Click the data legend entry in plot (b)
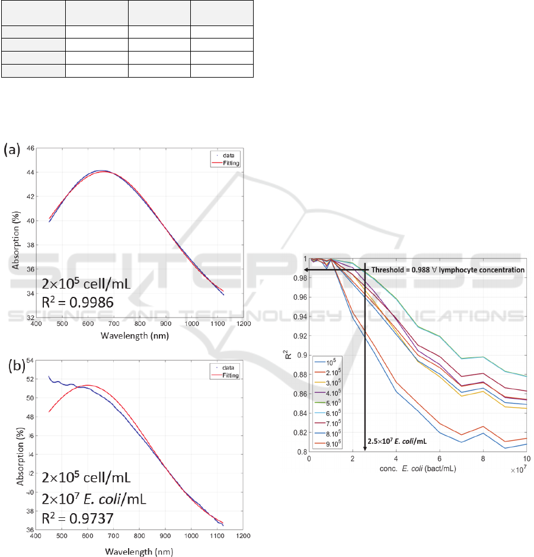[x=228, y=368]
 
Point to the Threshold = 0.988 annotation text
[x=448, y=270]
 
